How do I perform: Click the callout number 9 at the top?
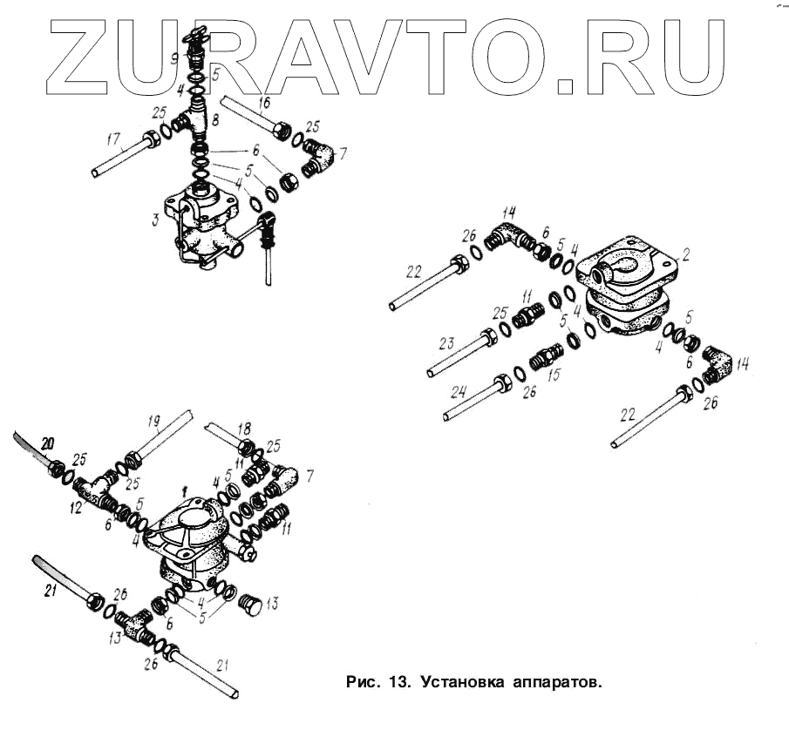[175, 58]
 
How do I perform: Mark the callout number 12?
[78, 506]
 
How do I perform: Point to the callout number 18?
[243, 429]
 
